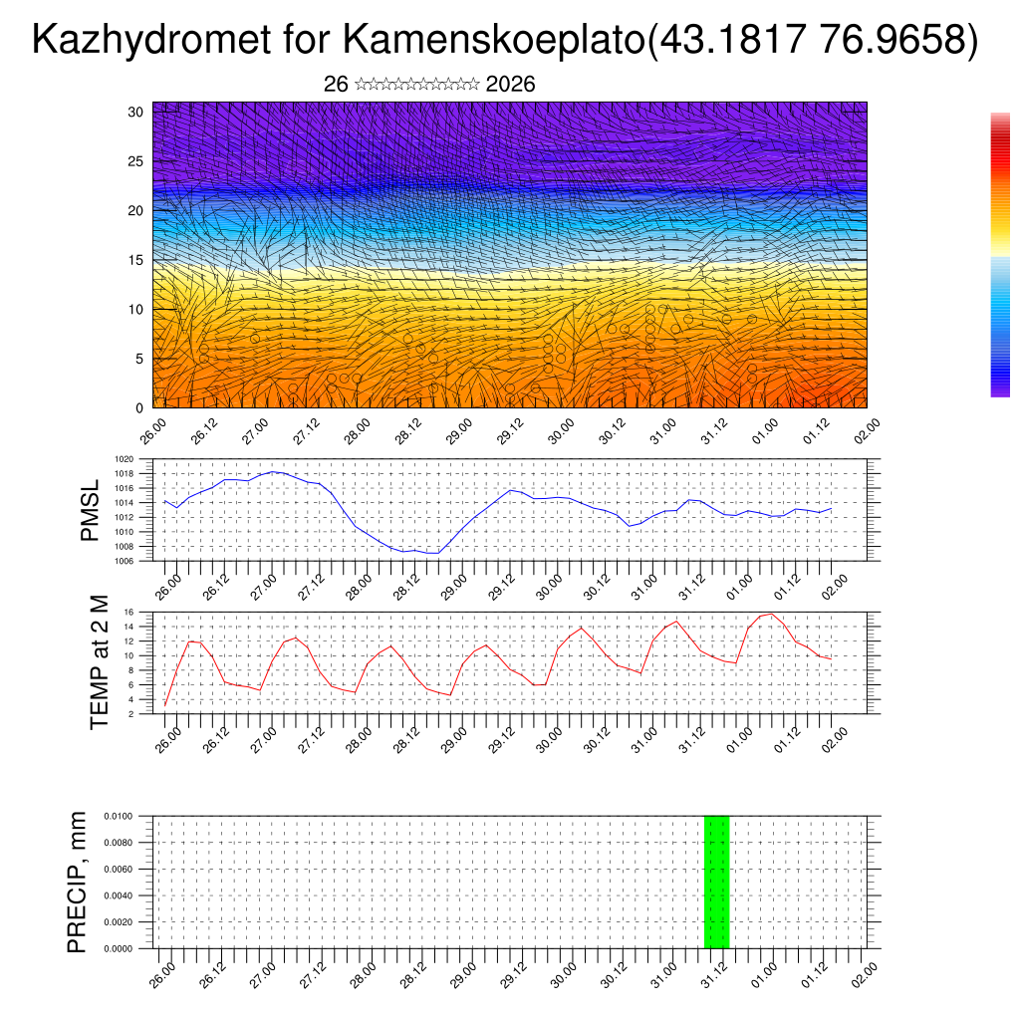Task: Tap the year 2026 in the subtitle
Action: pos(510,85)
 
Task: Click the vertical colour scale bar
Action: pos(1000,255)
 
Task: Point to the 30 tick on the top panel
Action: pos(135,112)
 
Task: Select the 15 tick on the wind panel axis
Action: pos(135,260)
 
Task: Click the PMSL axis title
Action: pos(90,510)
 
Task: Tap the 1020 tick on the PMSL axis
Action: pos(125,459)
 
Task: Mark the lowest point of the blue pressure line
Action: pos(432,552)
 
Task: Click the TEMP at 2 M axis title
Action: pos(99,662)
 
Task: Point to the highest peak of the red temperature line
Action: pos(771,614)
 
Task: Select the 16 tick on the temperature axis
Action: pos(128,612)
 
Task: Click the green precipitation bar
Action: pos(716,882)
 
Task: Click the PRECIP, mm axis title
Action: pos(77,882)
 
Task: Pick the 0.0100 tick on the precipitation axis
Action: pos(118,816)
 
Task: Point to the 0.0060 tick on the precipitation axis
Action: pos(118,869)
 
